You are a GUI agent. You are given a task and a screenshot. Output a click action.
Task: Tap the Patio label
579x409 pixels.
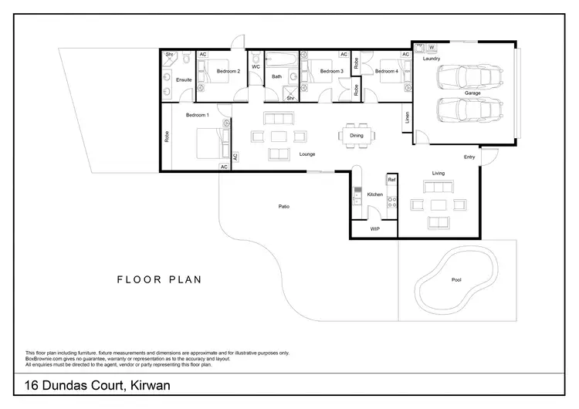coord(284,206)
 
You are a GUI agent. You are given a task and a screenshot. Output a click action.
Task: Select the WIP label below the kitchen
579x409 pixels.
coord(375,229)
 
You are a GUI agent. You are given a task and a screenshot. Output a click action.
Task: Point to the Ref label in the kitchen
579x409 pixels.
coord(391,179)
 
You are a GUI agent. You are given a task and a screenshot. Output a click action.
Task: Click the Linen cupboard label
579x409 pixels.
coord(407,118)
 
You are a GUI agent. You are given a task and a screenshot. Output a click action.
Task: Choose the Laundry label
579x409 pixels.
coord(431,58)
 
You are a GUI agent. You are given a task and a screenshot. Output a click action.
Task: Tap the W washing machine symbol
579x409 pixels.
coord(432,48)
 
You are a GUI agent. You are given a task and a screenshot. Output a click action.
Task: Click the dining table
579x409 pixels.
coord(357,135)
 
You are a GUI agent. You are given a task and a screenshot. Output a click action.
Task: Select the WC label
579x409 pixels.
coord(256,66)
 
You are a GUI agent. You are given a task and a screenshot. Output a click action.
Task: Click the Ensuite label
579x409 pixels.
coord(184,79)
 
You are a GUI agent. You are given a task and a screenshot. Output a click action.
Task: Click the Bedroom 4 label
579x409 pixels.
coord(386,71)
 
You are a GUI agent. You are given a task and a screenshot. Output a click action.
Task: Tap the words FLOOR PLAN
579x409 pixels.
coord(159,279)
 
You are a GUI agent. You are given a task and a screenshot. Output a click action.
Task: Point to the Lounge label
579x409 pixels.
coord(307,154)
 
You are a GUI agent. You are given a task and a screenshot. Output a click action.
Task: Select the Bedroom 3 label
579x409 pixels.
coord(331,71)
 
